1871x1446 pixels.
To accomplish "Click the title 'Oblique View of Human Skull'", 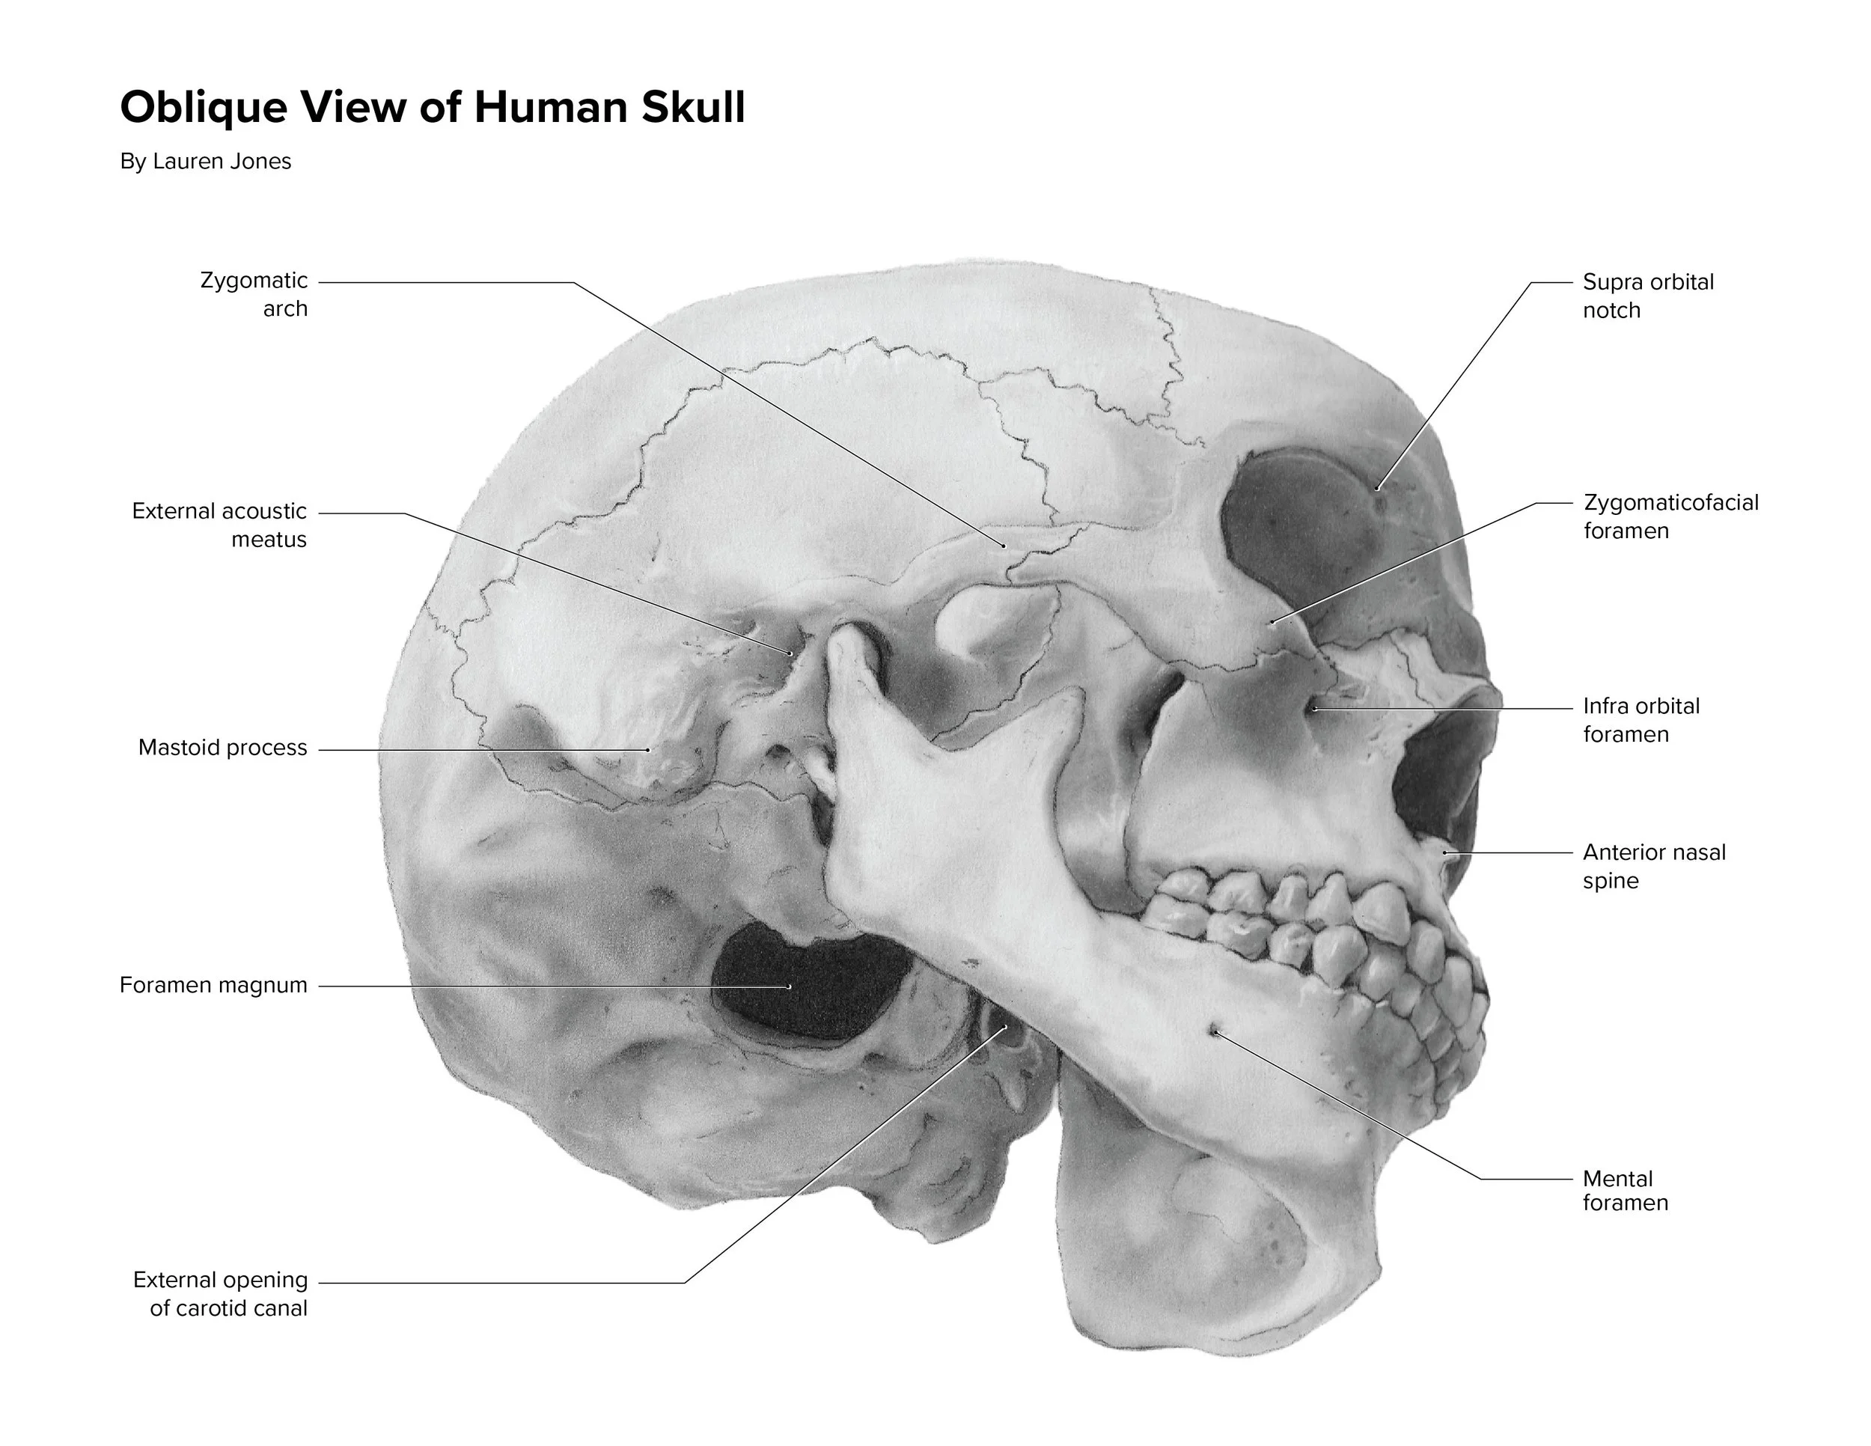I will click(x=433, y=108).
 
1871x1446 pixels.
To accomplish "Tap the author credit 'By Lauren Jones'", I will click(x=206, y=161).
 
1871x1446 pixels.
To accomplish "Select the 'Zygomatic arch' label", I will click(x=254, y=294).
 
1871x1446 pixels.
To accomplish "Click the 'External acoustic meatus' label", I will click(x=219, y=525).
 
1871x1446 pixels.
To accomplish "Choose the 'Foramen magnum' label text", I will click(x=213, y=985).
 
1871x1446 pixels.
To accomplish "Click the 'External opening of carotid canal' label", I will click(x=220, y=1293).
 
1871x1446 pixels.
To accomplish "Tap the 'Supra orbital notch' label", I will click(x=1647, y=296).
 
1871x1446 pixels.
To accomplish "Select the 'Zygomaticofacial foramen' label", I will click(x=1670, y=516).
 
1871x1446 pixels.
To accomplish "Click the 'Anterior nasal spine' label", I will click(x=1653, y=866).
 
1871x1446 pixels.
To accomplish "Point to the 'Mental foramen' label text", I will click(x=1624, y=1190).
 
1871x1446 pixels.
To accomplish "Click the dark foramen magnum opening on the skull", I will click(x=805, y=985).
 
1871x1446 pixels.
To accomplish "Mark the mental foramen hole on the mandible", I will click(x=1214, y=1031).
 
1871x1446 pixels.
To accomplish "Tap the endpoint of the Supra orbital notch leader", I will click(x=1378, y=488).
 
